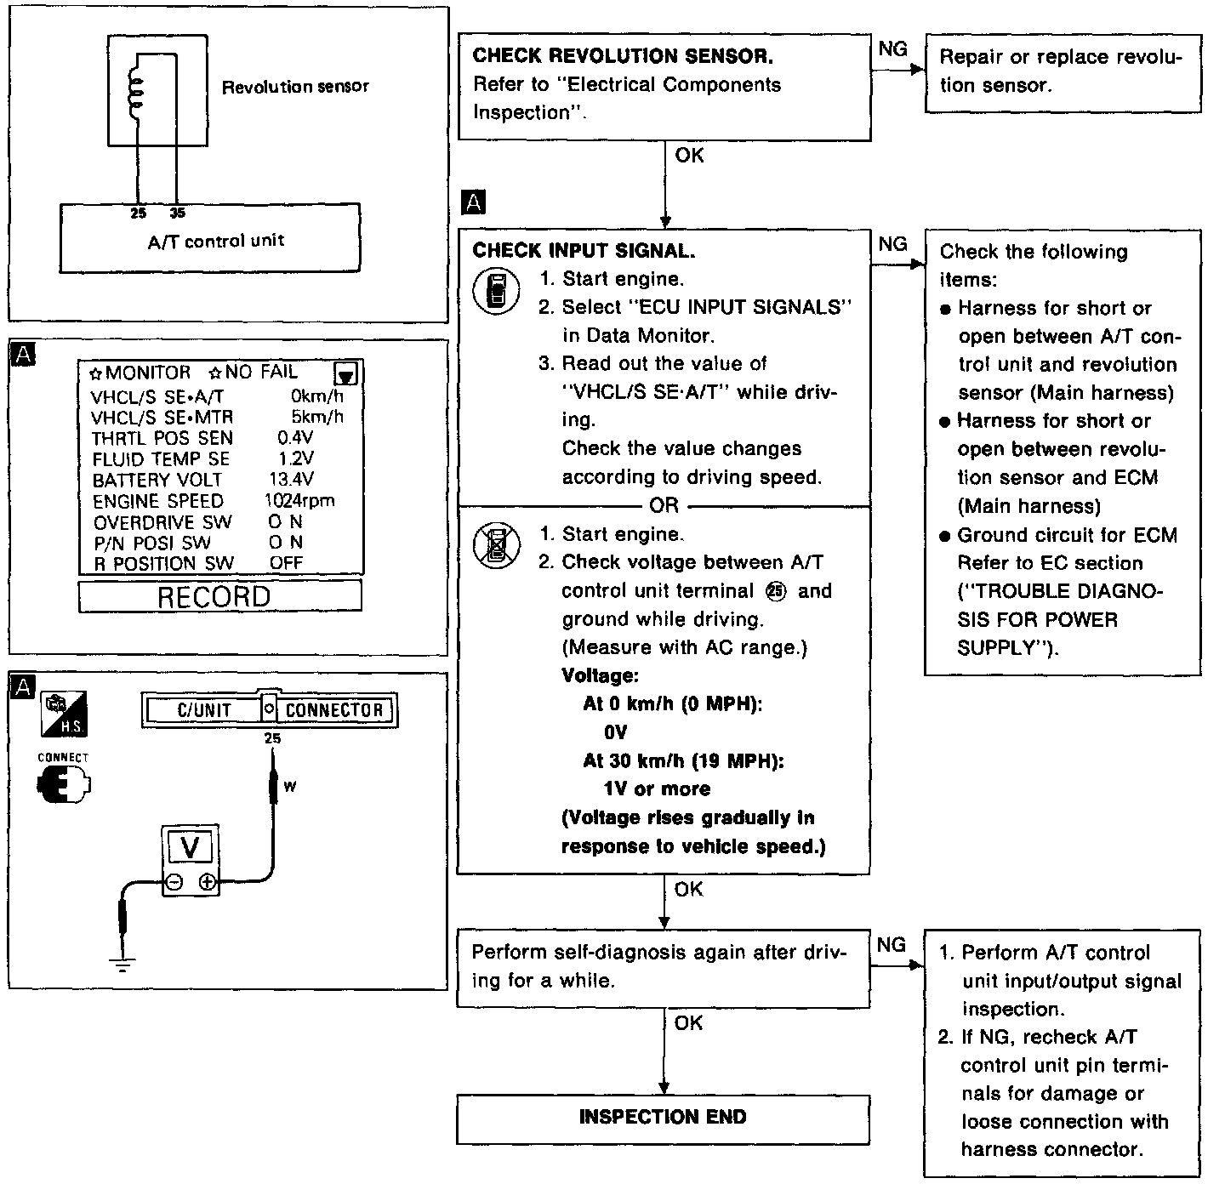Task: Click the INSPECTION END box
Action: coord(663,1118)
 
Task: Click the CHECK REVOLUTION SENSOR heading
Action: coord(623,56)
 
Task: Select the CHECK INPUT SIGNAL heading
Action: coord(584,251)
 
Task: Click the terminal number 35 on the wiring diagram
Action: coord(177,213)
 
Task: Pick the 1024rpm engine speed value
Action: coord(299,501)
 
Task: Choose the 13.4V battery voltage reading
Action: coord(291,480)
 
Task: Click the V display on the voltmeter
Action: coord(191,847)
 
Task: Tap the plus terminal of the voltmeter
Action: coord(207,883)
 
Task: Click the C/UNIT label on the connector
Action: coord(204,710)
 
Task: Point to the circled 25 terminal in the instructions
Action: coord(775,591)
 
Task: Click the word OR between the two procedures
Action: coord(664,505)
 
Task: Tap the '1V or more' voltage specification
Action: coord(657,789)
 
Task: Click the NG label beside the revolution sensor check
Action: coord(892,49)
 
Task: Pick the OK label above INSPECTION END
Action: coord(688,1022)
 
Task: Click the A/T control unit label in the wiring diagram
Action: coord(216,241)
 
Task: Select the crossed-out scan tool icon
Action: coord(497,545)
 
